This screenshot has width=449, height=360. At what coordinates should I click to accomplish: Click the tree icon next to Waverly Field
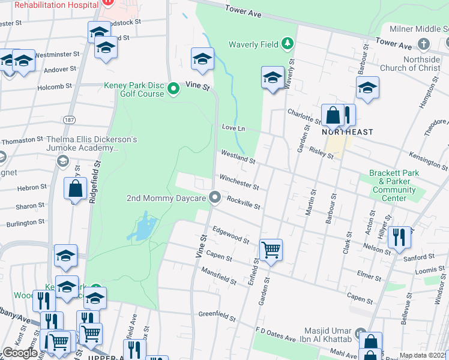(x=288, y=43)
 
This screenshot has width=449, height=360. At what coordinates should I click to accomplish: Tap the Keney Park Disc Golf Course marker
(x=173, y=89)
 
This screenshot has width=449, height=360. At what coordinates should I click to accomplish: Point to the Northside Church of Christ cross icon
(x=424, y=44)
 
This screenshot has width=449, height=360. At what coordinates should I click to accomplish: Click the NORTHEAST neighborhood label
(x=347, y=132)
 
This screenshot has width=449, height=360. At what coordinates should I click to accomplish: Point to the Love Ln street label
(x=234, y=128)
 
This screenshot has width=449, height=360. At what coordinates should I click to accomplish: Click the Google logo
(x=20, y=353)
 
